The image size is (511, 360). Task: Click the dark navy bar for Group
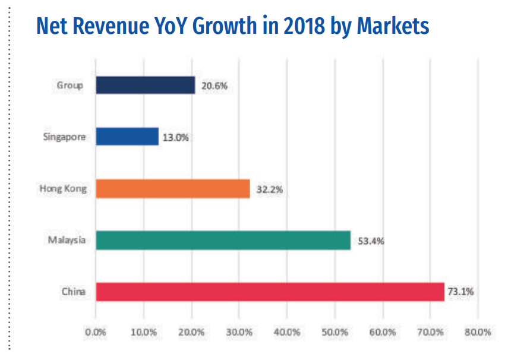(x=145, y=85)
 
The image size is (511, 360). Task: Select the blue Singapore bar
(x=127, y=137)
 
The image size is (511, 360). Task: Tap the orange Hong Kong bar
(x=172, y=189)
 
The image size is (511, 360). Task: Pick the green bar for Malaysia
(x=223, y=240)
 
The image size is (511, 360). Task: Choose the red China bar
(x=270, y=292)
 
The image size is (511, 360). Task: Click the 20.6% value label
(x=215, y=86)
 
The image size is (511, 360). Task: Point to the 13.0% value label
(x=176, y=137)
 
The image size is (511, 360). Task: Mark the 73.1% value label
(x=462, y=292)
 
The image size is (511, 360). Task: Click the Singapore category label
(x=65, y=137)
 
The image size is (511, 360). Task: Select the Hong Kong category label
(x=63, y=189)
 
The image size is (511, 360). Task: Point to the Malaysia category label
(x=67, y=241)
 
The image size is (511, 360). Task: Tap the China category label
(x=73, y=292)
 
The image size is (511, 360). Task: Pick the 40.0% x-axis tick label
(x=286, y=332)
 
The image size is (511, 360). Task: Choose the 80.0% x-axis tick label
(x=478, y=332)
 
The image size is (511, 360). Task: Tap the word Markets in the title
(x=391, y=27)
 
